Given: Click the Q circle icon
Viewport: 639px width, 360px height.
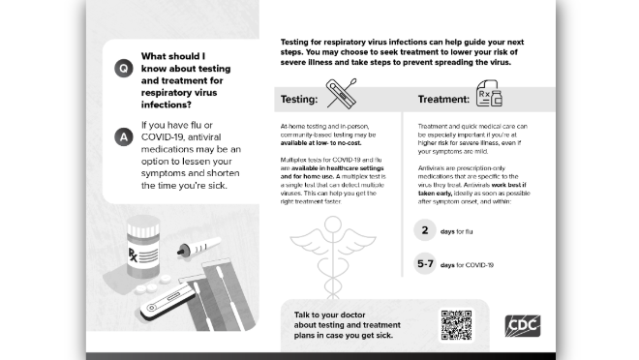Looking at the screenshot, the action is [124, 68].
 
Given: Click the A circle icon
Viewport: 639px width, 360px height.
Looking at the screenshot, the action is [124, 136].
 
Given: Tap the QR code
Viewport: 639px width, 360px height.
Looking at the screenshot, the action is [456, 325].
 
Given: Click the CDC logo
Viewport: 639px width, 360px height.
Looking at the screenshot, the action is [523, 326].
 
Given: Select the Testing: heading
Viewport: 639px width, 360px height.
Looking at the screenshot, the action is [299, 100].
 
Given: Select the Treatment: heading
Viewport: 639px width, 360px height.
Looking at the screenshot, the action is [443, 100].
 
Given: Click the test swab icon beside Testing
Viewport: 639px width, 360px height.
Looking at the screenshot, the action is [342, 94].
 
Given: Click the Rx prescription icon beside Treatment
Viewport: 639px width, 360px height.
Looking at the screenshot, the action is [489, 93].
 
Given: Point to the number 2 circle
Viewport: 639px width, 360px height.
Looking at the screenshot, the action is [425, 230].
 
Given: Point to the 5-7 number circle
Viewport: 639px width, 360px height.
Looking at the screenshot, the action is [425, 263].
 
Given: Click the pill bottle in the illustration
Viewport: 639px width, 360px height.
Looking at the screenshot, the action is [143, 247].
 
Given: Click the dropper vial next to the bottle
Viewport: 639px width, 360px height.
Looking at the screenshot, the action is [198, 247].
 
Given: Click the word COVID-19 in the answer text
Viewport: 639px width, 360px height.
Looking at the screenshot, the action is [160, 137].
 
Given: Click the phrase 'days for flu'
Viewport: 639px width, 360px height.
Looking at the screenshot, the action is [456, 231].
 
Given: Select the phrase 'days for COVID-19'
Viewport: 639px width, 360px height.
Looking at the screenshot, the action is [467, 265].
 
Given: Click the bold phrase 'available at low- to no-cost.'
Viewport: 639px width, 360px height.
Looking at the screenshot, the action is [320, 143].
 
